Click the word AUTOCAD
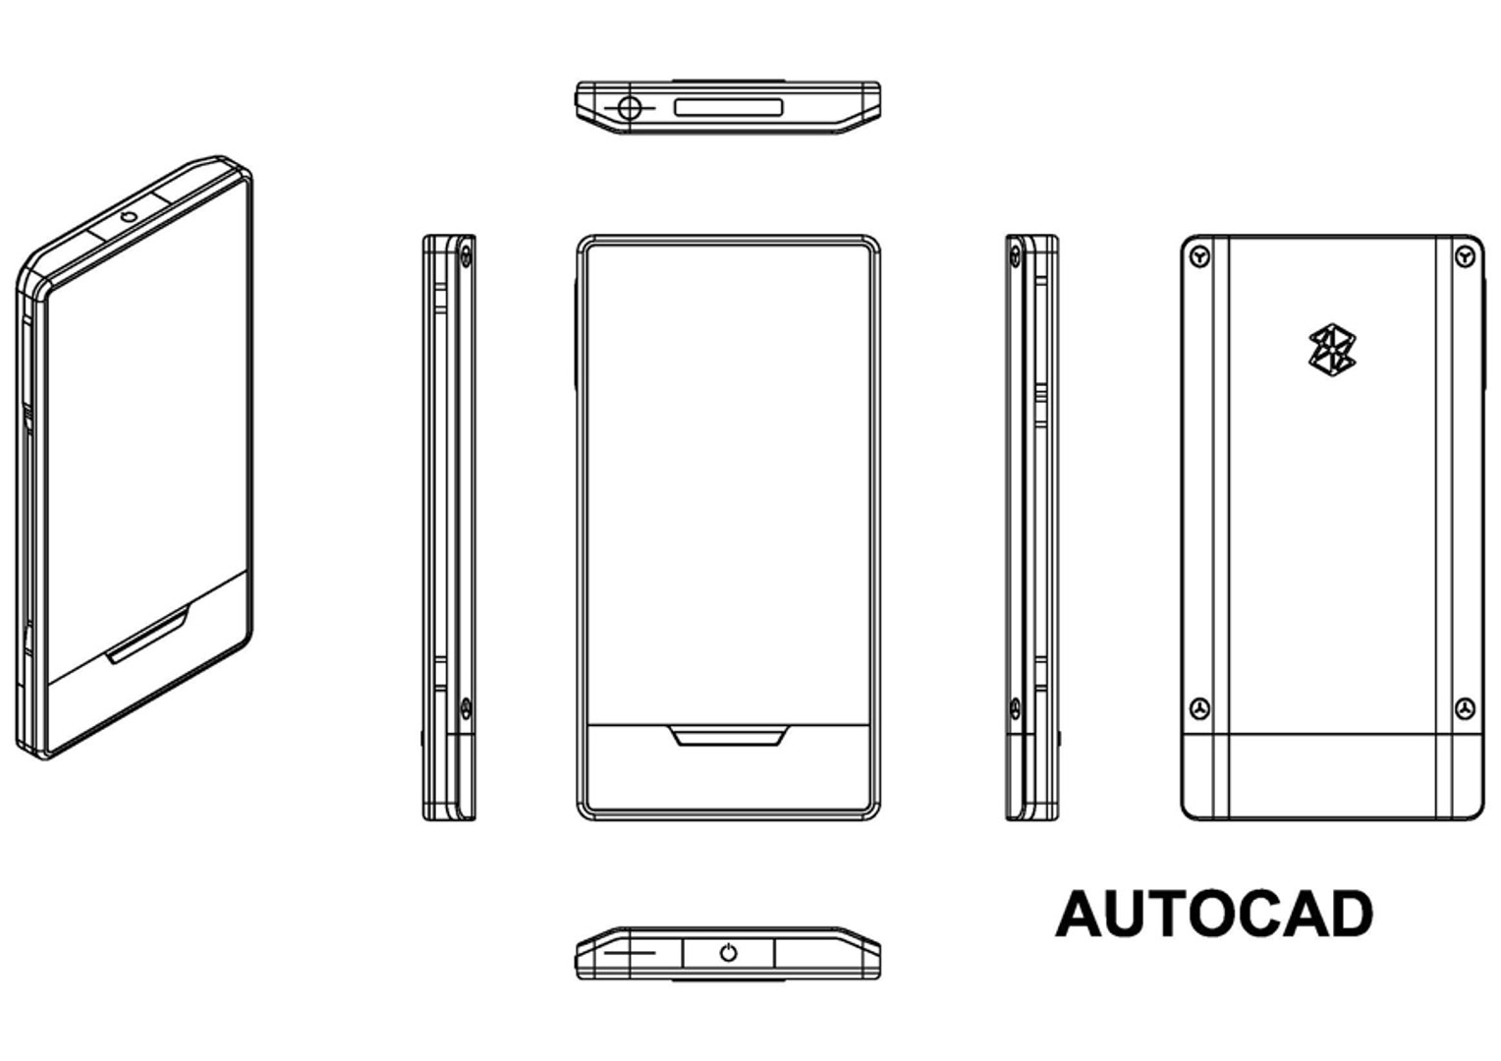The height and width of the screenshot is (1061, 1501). point(1214,914)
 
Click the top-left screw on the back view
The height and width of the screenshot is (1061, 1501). point(1199,257)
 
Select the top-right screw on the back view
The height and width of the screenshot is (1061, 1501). point(1465,257)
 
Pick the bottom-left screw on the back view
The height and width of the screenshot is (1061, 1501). point(1199,708)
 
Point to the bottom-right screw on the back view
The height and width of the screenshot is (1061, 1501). point(1465,708)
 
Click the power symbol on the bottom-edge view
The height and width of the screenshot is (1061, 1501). point(728,953)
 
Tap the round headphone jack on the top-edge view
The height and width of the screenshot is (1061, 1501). point(629,107)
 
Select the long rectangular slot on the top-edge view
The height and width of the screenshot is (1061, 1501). point(728,107)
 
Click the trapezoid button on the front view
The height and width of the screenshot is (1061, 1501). point(728,736)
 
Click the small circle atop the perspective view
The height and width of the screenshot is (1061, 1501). point(129,216)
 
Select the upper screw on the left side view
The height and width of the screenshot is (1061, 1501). point(466,257)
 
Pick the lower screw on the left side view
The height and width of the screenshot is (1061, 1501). point(466,708)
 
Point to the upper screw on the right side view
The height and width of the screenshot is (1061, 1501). point(1014,257)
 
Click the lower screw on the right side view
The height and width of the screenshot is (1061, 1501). point(1014,708)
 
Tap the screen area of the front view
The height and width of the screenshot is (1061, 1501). point(728,481)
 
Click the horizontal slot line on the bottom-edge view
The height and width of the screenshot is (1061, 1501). point(630,952)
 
